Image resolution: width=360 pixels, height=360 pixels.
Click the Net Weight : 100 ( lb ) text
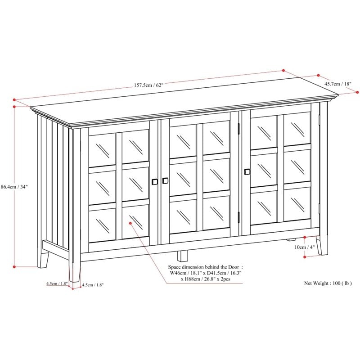click(328, 283)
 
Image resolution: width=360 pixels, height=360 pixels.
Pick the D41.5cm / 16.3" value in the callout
click(223, 273)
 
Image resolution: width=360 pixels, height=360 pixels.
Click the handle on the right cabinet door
click(247, 171)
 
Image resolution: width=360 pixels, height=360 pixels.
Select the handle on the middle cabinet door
click(165, 180)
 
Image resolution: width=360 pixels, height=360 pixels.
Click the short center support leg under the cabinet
click(182, 256)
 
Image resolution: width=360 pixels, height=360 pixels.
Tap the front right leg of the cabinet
click(322, 245)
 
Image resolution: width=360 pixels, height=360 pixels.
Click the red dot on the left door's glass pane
click(131, 221)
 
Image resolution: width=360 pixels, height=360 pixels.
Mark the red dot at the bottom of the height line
click(15, 266)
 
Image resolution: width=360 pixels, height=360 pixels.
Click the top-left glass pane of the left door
click(102, 149)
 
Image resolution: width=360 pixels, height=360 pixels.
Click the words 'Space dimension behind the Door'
click(205, 266)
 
